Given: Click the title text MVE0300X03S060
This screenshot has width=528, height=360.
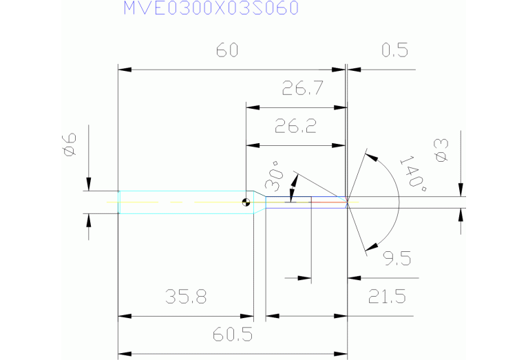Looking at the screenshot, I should tap(211, 8).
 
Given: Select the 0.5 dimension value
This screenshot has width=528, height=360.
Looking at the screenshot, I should tap(394, 50).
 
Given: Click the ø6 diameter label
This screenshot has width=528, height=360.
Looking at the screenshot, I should tap(69, 145).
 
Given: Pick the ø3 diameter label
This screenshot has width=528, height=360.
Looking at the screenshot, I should tap(441, 150).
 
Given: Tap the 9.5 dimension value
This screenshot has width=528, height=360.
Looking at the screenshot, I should tap(396, 258).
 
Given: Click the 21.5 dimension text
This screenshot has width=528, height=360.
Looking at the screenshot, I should tap(386, 297).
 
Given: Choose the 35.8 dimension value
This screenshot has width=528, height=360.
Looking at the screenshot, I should tap(186, 297).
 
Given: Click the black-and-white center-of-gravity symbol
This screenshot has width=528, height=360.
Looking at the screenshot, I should tap(246, 202).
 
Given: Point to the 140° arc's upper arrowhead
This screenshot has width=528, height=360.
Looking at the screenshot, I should tap(373, 157).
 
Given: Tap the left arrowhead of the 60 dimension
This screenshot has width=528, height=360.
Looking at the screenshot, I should tap(123, 69).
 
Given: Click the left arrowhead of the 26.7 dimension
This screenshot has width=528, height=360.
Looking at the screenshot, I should tap(251, 107).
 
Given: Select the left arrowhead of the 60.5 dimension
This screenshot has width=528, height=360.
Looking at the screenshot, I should tap(123, 354).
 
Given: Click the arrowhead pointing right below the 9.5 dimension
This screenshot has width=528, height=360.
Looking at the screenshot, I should tap(306, 278).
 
